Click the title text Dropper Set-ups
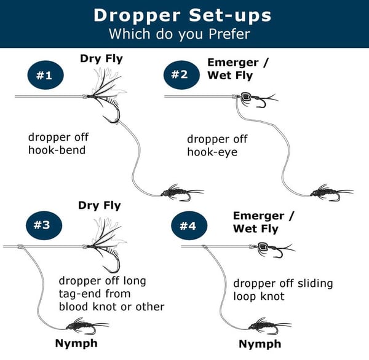coord(184,15)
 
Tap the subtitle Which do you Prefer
coord(184,33)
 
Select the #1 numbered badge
coord(43,76)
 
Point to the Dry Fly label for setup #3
coord(100,205)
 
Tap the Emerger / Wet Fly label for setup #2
coord(233,69)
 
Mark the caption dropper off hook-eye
coord(218,146)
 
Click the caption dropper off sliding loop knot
coord(282,290)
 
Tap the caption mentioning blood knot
coord(111,294)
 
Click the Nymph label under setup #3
coord(76,343)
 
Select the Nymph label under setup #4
coord(260,343)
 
